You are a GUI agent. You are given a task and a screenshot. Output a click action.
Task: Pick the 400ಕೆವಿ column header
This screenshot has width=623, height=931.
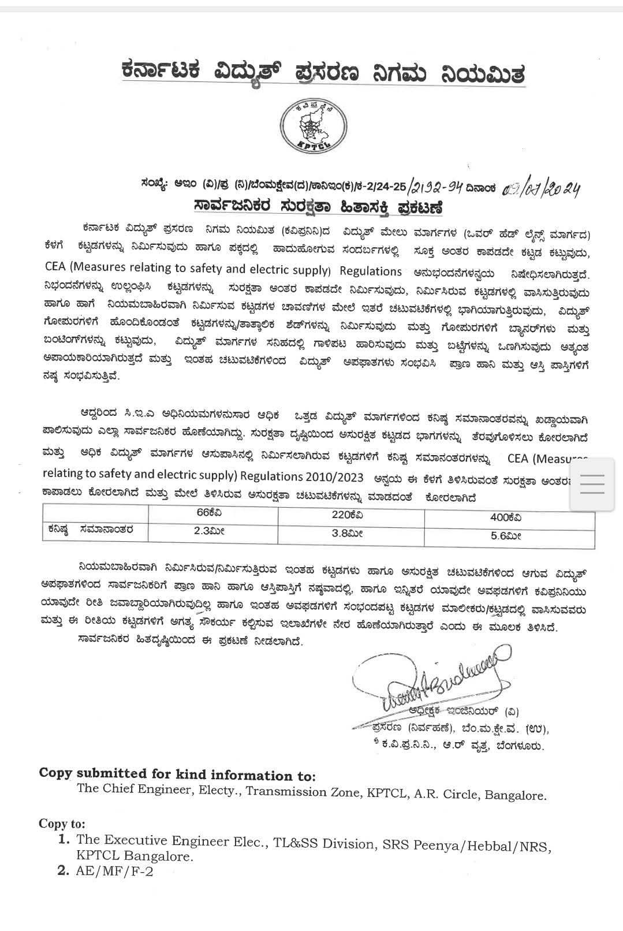click(x=507, y=517)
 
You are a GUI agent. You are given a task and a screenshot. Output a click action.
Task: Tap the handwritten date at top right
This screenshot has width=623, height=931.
click(x=541, y=189)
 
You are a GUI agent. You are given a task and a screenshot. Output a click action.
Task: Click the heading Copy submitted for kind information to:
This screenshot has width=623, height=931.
click(x=177, y=774)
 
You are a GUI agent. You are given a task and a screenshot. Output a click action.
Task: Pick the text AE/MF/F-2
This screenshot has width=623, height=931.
click(x=115, y=871)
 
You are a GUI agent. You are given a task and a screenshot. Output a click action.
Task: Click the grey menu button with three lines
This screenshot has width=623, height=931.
click(x=591, y=484)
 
